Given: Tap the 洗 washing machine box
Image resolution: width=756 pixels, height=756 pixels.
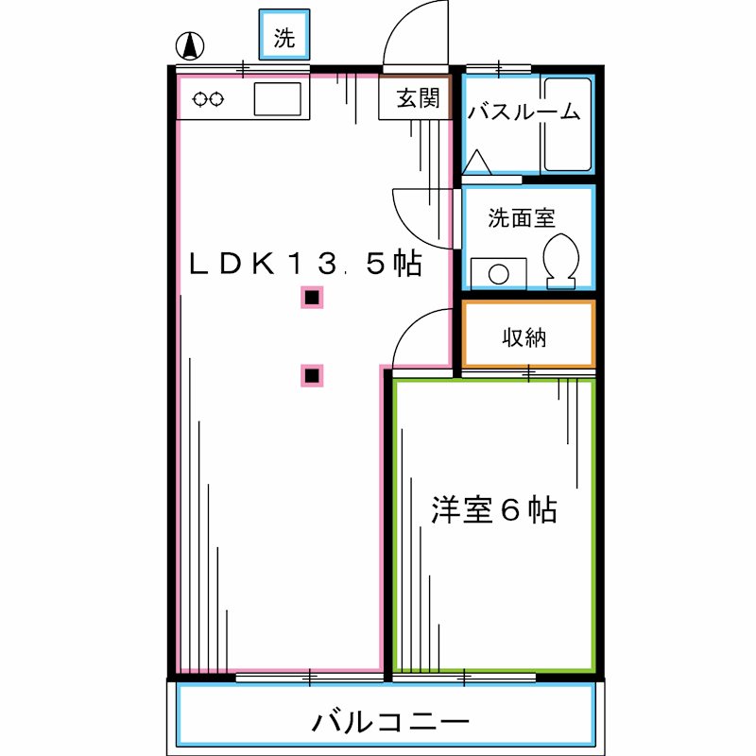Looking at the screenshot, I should point(284,38).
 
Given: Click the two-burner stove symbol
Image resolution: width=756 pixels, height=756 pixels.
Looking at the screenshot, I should point(209,98).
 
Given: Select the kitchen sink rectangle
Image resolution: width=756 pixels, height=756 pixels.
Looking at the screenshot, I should point(277,97).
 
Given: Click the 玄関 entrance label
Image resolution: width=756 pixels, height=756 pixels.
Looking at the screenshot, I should point(417,98).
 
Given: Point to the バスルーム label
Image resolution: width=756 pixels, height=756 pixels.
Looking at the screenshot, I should point(524,112).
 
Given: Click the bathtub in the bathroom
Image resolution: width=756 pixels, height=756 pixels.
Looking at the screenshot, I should point(568,124).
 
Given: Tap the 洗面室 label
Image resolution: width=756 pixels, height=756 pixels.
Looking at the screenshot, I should point(521,217).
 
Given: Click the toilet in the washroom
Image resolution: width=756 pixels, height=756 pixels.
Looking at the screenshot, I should point(562,257).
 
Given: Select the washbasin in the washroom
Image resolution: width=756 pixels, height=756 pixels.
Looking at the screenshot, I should point(498,273).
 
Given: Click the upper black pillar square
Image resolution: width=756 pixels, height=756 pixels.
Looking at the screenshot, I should point(313,299).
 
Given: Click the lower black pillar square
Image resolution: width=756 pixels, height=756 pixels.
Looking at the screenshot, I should point(313,375).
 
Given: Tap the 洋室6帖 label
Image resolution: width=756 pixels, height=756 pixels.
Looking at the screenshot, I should point(493,509).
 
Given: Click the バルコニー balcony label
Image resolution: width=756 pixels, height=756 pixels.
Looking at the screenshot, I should point(390,724).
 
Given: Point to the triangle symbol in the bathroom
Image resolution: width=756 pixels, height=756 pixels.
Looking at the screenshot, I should point(478,162).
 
